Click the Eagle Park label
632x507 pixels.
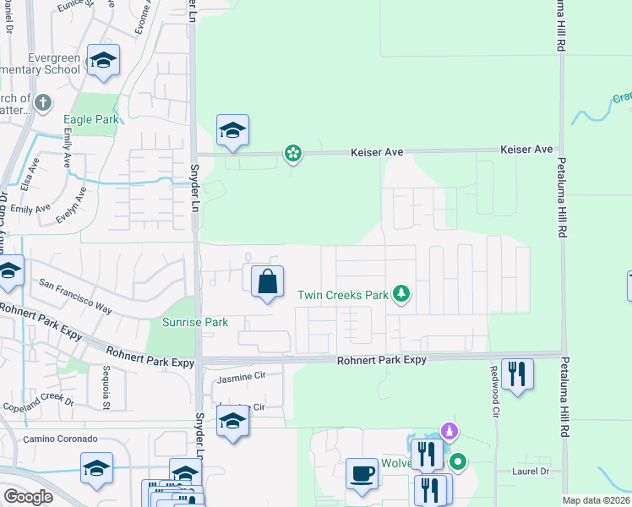pos(91,120)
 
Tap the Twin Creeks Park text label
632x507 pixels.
pos(342,295)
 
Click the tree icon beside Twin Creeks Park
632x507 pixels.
pos(403,294)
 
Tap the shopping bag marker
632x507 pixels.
pos(267,281)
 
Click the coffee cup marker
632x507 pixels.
pos(362,474)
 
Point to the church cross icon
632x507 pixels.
pos(44,102)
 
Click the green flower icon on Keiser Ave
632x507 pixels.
pos(292,153)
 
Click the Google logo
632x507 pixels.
pos(29,496)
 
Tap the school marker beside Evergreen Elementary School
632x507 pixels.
pos(103,60)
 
